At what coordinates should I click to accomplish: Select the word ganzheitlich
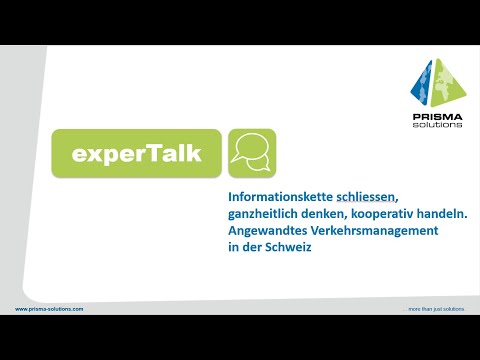(x=260, y=214)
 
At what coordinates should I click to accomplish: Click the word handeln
(x=439, y=214)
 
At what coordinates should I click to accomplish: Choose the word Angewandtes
(x=267, y=231)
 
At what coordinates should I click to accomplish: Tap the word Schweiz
(x=289, y=247)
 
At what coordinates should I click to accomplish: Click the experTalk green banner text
(x=137, y=154)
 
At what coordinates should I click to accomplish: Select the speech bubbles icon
(x=251, y=153)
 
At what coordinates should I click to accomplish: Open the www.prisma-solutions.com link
(x=49, y=309)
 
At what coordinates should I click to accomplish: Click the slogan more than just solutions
(x=436, y=309)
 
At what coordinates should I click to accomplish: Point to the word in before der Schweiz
(x=233, y=247)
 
